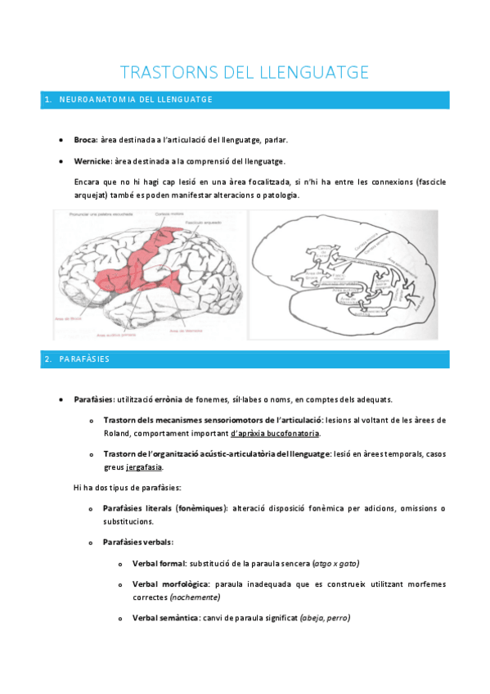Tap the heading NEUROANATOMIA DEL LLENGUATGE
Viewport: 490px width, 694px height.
click(136, 100)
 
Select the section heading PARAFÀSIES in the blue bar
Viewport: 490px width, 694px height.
click(84, 359)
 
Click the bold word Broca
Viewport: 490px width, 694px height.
click(85, 140)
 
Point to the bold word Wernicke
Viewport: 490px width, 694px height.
click(92, 161)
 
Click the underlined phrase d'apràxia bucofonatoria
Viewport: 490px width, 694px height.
click(276, 433)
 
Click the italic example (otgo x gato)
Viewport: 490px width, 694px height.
click(336, 564)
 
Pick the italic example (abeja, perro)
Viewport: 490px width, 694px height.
click(326, 618)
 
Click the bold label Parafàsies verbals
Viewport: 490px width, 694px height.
click(138, 542)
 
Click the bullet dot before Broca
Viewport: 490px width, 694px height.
click(63, 140)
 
